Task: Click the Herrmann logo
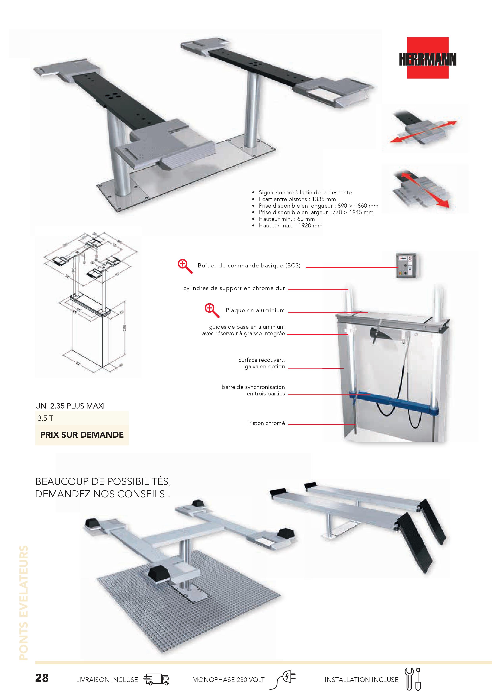[428, 58]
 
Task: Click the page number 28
[42, 678]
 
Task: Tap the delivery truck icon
[156, 679]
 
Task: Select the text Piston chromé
[266, 423]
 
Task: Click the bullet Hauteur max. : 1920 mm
[290, 225]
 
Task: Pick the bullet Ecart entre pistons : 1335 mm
[297, 199]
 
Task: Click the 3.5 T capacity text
[45, 418]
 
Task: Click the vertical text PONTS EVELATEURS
[24, 602]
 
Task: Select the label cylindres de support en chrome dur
[234, 288]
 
